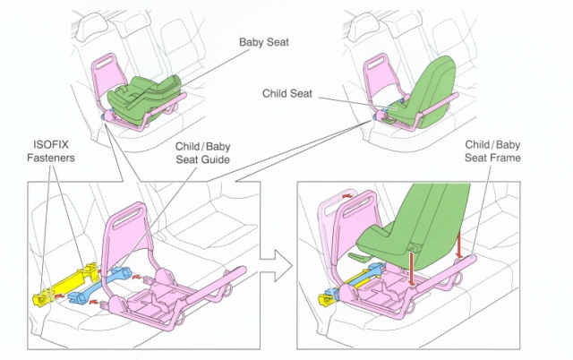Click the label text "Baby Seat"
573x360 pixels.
[x=265, y=42]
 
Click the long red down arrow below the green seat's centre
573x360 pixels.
[x=411, y=269]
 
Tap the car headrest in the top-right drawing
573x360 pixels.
[x=359, y=26]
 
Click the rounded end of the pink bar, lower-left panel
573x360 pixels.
[x=241, y=270]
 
